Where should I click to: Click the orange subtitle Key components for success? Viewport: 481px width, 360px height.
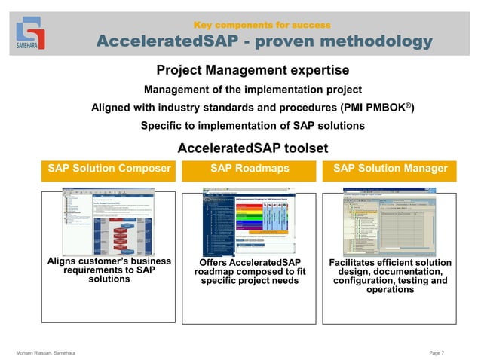click(x=262, y=25)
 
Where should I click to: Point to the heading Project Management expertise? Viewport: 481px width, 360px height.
click(x=252, y=71)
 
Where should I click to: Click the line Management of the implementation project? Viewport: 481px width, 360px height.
click(x=253, y=90)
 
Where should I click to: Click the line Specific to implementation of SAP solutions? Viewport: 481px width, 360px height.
click(x=253, y=125)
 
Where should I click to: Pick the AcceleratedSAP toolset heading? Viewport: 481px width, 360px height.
click(x=252, y=148)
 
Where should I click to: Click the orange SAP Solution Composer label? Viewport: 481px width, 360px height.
click(x=109, y=169)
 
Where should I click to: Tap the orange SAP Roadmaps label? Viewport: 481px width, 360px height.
click(x=250, y=169)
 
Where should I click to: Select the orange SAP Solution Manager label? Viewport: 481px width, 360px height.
click(x=390, y=169)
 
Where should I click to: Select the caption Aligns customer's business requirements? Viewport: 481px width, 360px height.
click(x=109, y=270)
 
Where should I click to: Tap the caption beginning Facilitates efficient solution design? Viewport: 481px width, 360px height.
click(x=390, y=276)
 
